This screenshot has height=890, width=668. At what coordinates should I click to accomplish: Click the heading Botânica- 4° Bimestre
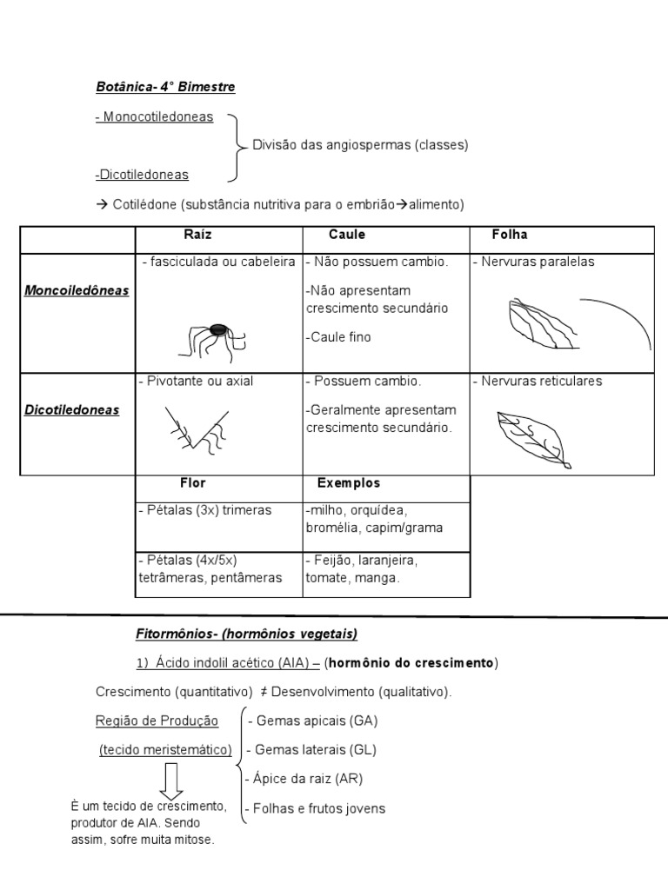[165, 87]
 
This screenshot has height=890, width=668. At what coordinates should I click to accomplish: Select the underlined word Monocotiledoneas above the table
[156, 116]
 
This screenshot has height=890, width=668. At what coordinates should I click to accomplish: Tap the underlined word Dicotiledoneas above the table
[143, 174]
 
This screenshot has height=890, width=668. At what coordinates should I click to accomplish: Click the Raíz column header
[197, 235]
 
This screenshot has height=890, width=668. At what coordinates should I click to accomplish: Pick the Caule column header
[347, 235]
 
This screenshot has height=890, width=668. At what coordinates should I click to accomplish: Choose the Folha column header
[510, 235]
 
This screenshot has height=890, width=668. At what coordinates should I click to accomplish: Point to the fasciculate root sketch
[214, 339]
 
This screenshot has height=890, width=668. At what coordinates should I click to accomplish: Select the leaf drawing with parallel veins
[539, 324]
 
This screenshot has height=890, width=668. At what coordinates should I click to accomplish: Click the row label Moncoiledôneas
[77, 290]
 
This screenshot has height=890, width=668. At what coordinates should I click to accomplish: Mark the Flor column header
[193, 483]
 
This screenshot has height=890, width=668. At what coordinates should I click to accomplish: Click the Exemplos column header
[349, 483]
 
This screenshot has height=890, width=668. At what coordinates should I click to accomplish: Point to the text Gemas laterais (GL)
[312, 749]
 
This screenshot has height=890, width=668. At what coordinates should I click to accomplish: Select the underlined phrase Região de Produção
[157, 721]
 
